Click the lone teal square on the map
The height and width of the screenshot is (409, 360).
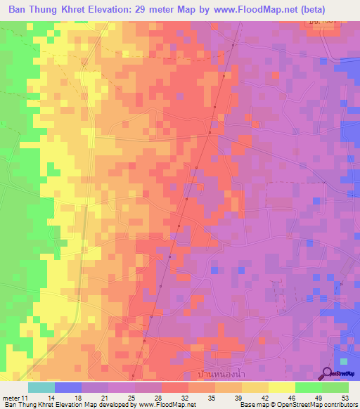coord(343,361)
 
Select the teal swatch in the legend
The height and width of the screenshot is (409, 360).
coord(41,387)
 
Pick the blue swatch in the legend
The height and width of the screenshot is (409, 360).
coord(68,387)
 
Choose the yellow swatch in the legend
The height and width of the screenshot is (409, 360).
coord(282,387)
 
